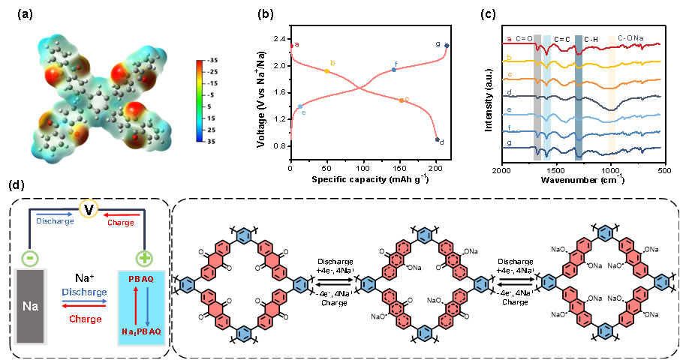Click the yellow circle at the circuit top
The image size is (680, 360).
click(x=89, y=207)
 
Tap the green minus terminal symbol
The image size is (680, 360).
click(x=29, y=257)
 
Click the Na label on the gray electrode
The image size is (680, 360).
click(x=30, y=307)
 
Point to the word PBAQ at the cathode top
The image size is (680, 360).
click(x=141, y=279)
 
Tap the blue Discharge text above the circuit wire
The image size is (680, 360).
click(x=55, y=221)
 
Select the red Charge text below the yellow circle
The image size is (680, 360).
click(x=121, y=222)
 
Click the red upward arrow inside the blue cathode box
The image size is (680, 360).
click(x=134, y=305)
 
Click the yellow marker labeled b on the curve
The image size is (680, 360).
click(x=327, y=71)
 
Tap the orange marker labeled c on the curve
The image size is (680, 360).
click(x=402, y=100)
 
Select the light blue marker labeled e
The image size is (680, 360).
click(x=300, y=107)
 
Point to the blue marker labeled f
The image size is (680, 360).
click(x=393, y=70)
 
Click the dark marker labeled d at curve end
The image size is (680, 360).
click(x=437, y=139)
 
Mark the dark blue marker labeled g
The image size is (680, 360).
click(x=447, y=46)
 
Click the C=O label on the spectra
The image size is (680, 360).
click(x=524, y=38)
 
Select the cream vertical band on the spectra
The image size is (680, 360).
click(x=612, y=97)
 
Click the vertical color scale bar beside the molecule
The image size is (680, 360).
click(x=200, y=100)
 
